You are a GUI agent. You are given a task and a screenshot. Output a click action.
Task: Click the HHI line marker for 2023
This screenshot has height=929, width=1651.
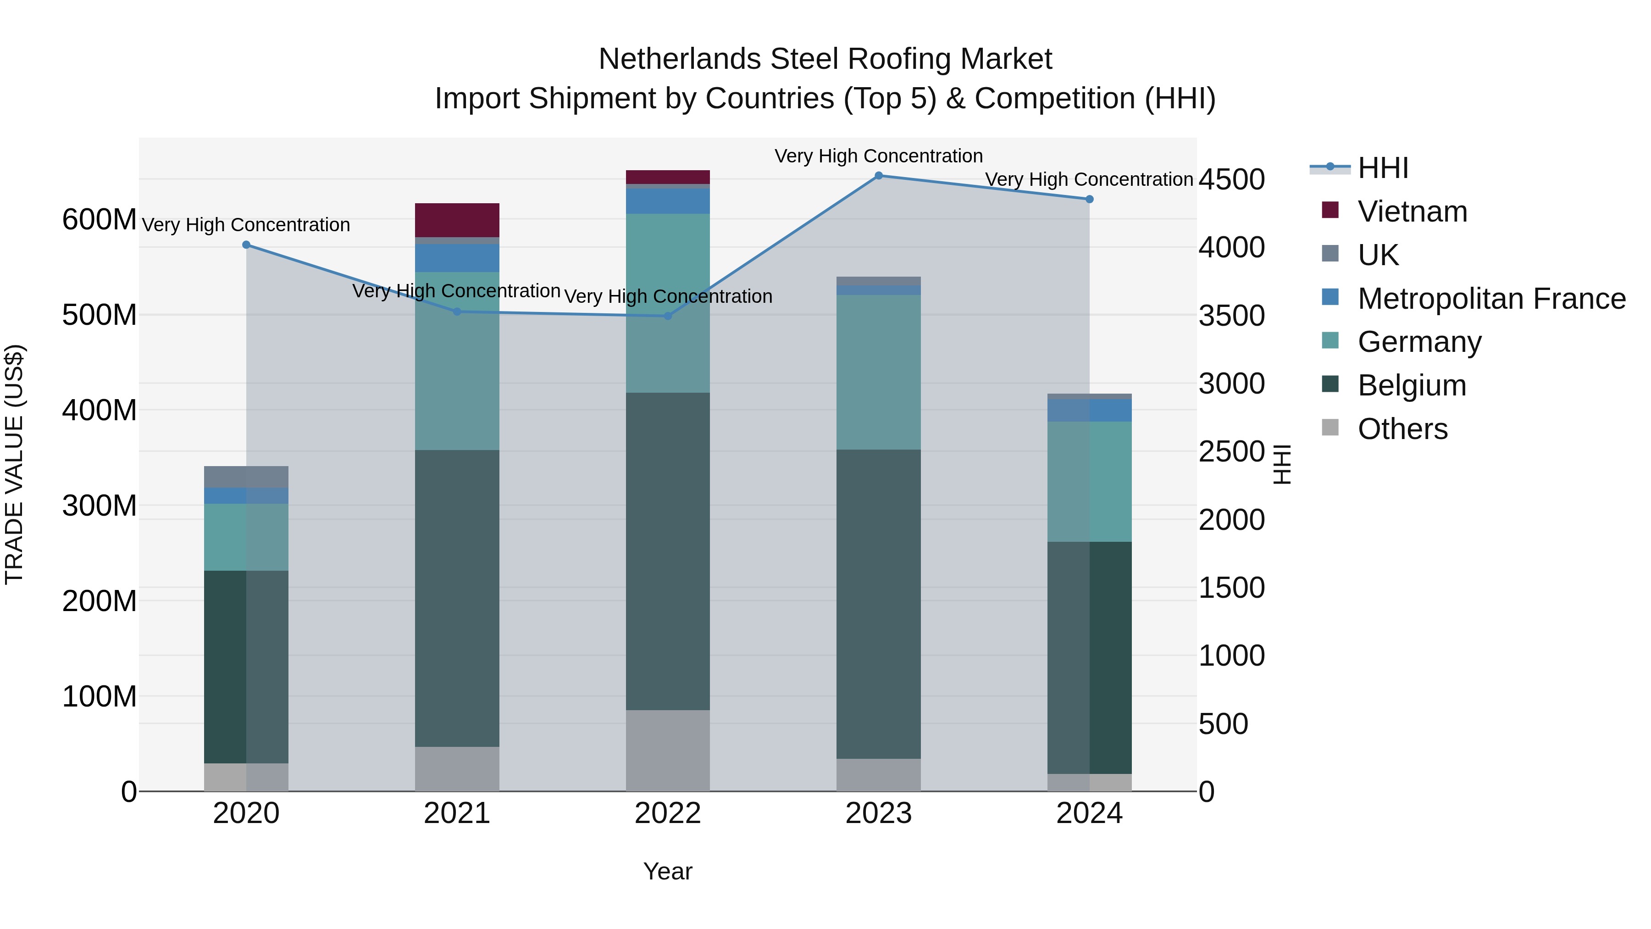pyautogui.click(x=879, y=176)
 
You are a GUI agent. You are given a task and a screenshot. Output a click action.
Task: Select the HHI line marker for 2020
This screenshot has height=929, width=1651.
pyautogui.click(x=246, y=245)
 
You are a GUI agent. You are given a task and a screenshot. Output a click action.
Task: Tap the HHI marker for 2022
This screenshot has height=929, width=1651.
pyautogui.click(x=668, y=316)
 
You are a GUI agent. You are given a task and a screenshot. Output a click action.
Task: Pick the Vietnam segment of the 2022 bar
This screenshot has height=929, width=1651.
pyautogui.click(x=668, y=177)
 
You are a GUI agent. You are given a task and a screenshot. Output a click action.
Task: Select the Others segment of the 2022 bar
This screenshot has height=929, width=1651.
pyautogui.click(x=668, y=750)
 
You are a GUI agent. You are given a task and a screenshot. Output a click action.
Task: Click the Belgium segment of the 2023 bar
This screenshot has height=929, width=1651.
pyautogui.click(x=879, y=603)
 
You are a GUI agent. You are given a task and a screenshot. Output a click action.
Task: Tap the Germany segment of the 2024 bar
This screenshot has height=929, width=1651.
pyautogui.click(x=1090, y=482)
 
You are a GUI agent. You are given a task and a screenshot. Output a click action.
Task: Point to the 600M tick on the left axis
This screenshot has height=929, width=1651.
pyautogui.click(x=99, y=220)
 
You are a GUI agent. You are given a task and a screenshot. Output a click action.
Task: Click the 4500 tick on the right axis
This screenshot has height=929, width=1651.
pyautogui.click(x=1231, y=179)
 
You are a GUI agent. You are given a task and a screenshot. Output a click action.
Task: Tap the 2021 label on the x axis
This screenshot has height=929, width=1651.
pyautogui.click(x=457, y=813)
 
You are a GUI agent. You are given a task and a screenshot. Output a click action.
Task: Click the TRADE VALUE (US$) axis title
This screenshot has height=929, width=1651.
pyautogui.click(x=14, y=464)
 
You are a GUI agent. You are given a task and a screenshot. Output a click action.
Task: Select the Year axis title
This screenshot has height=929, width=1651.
pyautogui.click(x=668, y=871)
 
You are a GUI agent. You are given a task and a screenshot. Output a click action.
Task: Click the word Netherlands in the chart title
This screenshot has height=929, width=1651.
pyautogui.click(x=680, y=59)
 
